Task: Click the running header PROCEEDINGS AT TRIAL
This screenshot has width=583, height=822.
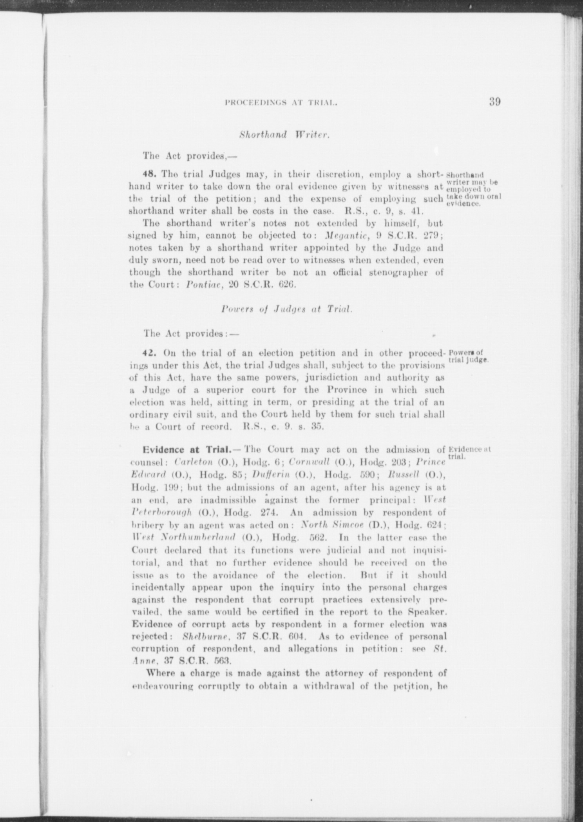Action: (x=281, y=103)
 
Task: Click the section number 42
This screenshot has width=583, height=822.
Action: (x=150, y=353)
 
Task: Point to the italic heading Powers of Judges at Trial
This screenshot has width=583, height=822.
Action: (x=287, y=309)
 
